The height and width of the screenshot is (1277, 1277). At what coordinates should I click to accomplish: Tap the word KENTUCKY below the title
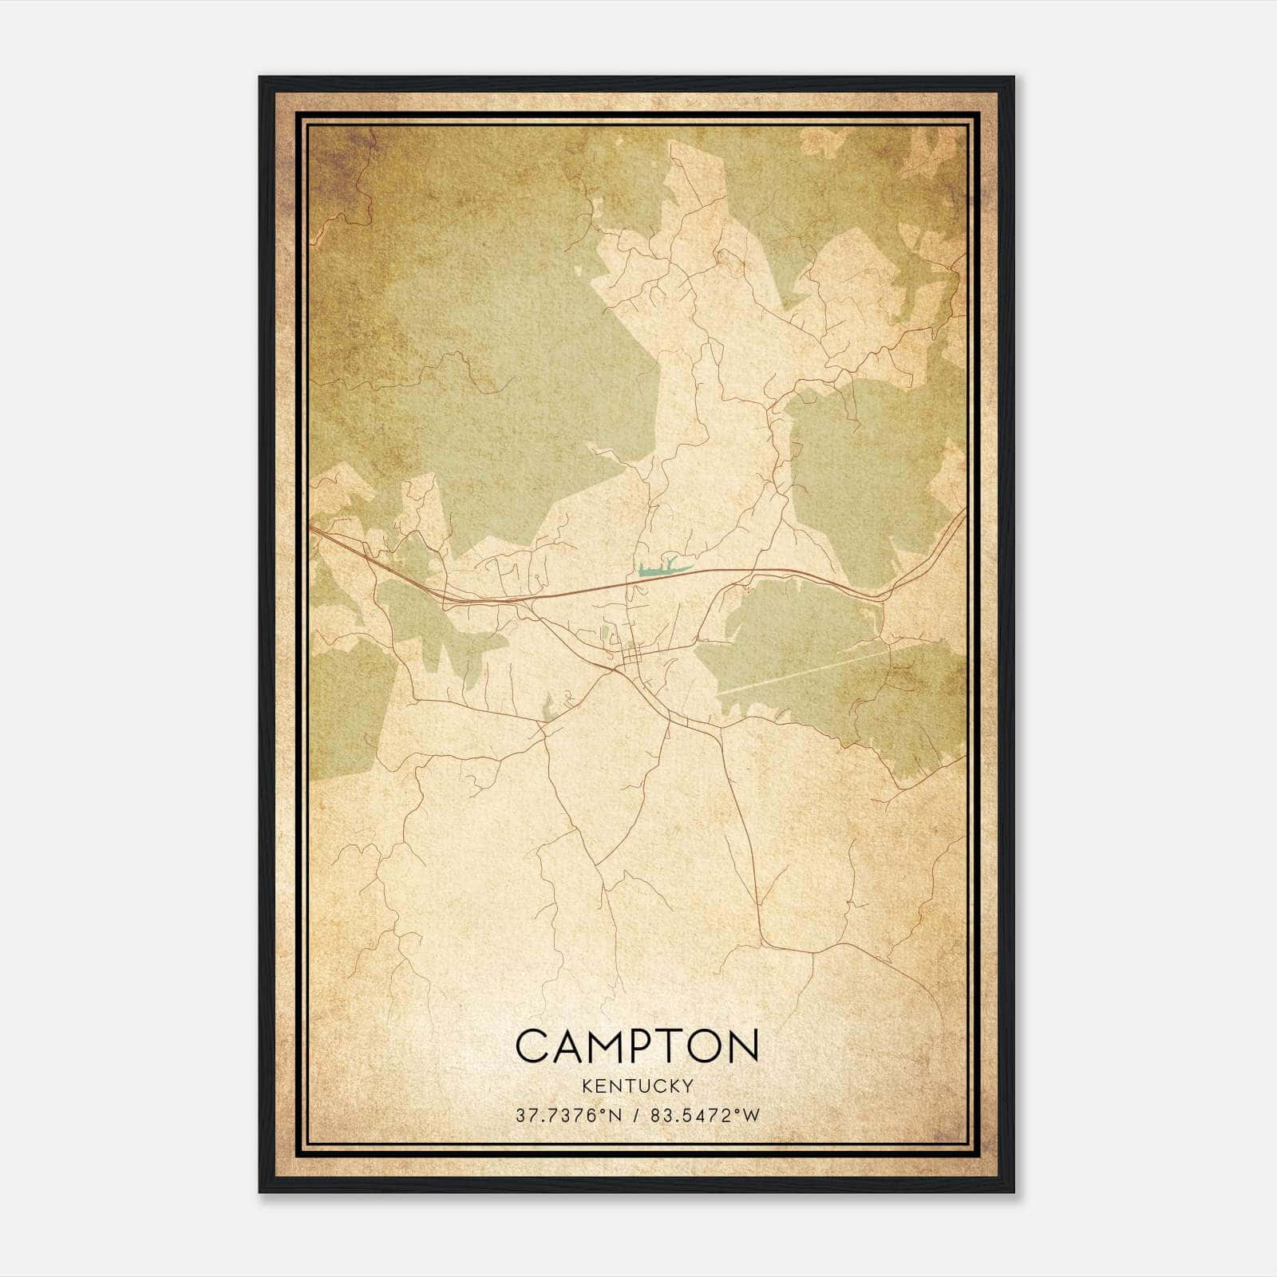(637, 1085)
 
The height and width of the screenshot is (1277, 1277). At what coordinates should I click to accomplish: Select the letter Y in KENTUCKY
(687, 1085)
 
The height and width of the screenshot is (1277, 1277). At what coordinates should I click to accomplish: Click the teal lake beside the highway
(659, 570)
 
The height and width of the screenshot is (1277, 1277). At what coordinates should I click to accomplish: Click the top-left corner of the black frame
(261, 78)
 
